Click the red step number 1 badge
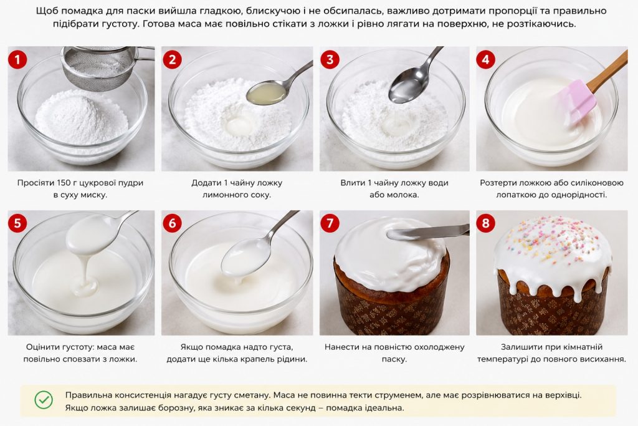[17, 59]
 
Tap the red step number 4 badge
[485, 59]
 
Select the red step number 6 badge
[172, 223]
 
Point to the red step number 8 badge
[485, 223]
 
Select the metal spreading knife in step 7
[427, 233]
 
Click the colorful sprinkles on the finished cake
[554, 240]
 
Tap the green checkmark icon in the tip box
[44, 400]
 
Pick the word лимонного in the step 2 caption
[222, 195]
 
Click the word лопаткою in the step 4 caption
[514, 195]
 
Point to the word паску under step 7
[394, 360]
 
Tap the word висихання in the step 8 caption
[603, 360]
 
